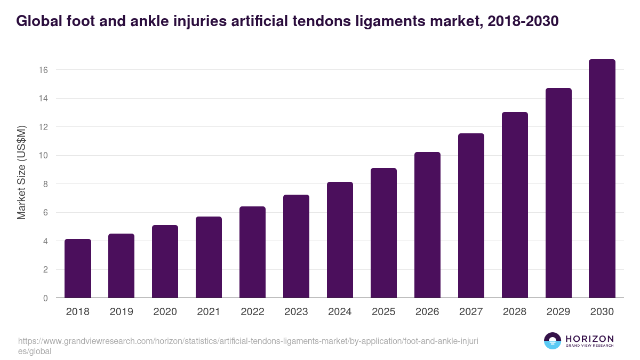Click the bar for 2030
click(602, 179)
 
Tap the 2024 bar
click(340, 240)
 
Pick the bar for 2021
click(209, 257)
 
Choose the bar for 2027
click(471, 215)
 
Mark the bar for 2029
click(558, 193)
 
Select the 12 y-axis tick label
click(44, 127)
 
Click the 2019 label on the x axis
click(121, 312)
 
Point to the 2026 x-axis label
click(427, 312)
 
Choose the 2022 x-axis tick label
click(252, 312)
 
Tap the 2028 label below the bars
click(515, 312)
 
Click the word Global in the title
click(39, 21)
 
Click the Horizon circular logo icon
click(553, 341)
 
